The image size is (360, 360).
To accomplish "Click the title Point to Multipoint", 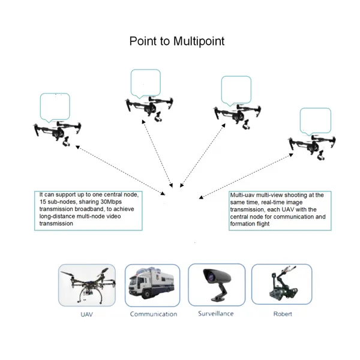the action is (x=177, y=41).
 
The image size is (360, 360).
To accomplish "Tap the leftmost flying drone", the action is (x=58, y=133).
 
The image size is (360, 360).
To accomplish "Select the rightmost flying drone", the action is (x=312, y=146).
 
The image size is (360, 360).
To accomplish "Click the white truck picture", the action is (x=152, y=284).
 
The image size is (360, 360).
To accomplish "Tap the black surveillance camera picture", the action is (x=217, y=284).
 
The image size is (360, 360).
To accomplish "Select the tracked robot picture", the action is (x=283, y=283).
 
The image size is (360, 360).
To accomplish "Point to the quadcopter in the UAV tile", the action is (x=87, y=284).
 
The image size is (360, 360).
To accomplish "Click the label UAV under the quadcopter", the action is (x=87, y=314).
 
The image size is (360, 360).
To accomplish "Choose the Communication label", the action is (x=154, y=314).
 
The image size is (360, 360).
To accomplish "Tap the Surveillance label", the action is (x=216, y=314).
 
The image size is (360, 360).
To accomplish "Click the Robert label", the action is (x=283, y=314).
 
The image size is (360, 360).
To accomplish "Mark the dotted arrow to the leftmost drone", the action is (x=121, y=170).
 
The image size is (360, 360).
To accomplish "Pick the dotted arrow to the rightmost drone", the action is (x=246, y=176).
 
